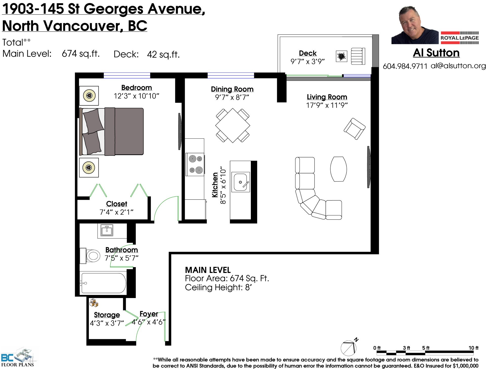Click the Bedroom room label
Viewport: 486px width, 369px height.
(136, 87)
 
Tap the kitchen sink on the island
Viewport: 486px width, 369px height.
(241, 182)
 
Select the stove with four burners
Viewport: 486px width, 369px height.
(195, 164)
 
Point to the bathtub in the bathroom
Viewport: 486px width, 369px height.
(103, 283)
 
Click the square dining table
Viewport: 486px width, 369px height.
(233, 125)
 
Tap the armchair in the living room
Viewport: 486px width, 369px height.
(354, 129)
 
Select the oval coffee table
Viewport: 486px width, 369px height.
(338, 169)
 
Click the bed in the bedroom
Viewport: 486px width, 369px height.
(111, 132)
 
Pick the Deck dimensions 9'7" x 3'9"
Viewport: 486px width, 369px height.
(308, 62)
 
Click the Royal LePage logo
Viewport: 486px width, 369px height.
(460, 38)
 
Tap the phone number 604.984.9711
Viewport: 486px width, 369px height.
(405, 66)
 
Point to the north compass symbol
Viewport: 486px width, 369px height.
(349, 347)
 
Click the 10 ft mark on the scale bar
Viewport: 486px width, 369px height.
(473, 348)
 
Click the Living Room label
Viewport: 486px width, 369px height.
(327, 97)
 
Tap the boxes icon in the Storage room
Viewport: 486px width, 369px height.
(94, 303)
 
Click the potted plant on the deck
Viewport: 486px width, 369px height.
(341, 56)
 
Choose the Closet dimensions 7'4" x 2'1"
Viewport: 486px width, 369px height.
(116, 212)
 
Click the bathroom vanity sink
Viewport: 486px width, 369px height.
(107, 231)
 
